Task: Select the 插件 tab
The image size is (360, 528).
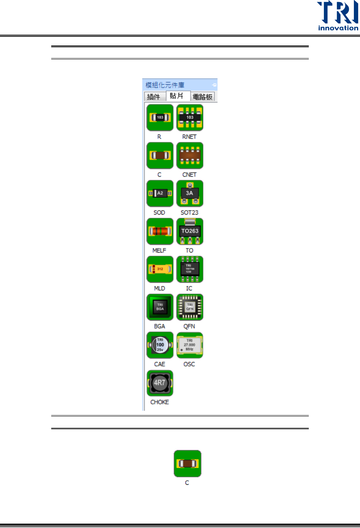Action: [x=154, y=97]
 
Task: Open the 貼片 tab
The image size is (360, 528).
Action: [x=177, y=96]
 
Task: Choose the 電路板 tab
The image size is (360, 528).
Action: [x=202, y=97]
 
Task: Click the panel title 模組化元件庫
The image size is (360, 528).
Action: [x=165, y=85]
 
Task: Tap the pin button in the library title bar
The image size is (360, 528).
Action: [x=214, y=85]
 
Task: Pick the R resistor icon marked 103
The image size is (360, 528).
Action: [x=160, y=118]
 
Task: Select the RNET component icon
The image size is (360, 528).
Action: [x=190, y=118]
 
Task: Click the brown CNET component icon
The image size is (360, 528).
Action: [x=190, y=155]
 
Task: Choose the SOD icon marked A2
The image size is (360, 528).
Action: [x=160, y=193]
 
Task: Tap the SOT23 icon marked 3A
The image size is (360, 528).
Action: [x=190, y=193]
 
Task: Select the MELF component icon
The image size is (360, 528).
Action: [x=160, y=231]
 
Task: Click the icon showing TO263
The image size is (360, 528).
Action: [x=190, y=231]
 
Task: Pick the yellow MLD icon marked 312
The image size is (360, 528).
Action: [x=160, y=269]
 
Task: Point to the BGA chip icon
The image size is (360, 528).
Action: [x=160, y=307]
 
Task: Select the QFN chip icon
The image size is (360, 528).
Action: [x=190, y=307]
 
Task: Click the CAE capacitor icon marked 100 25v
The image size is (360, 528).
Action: [x=160, y=345]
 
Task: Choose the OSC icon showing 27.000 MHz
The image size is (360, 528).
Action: [x=190, y=345]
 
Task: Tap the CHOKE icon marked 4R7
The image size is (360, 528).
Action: [x=160, y=383]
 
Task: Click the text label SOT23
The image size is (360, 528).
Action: [x=189, y=212]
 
